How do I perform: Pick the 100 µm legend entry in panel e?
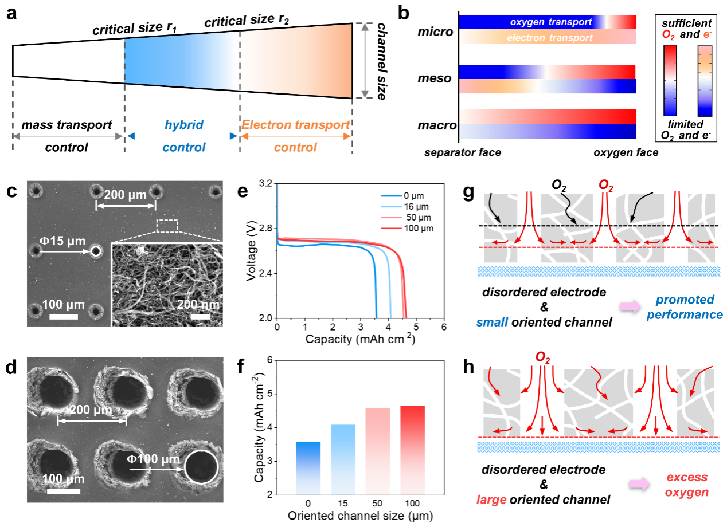tap(415, 228)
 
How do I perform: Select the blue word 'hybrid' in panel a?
tap(182, 125)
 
